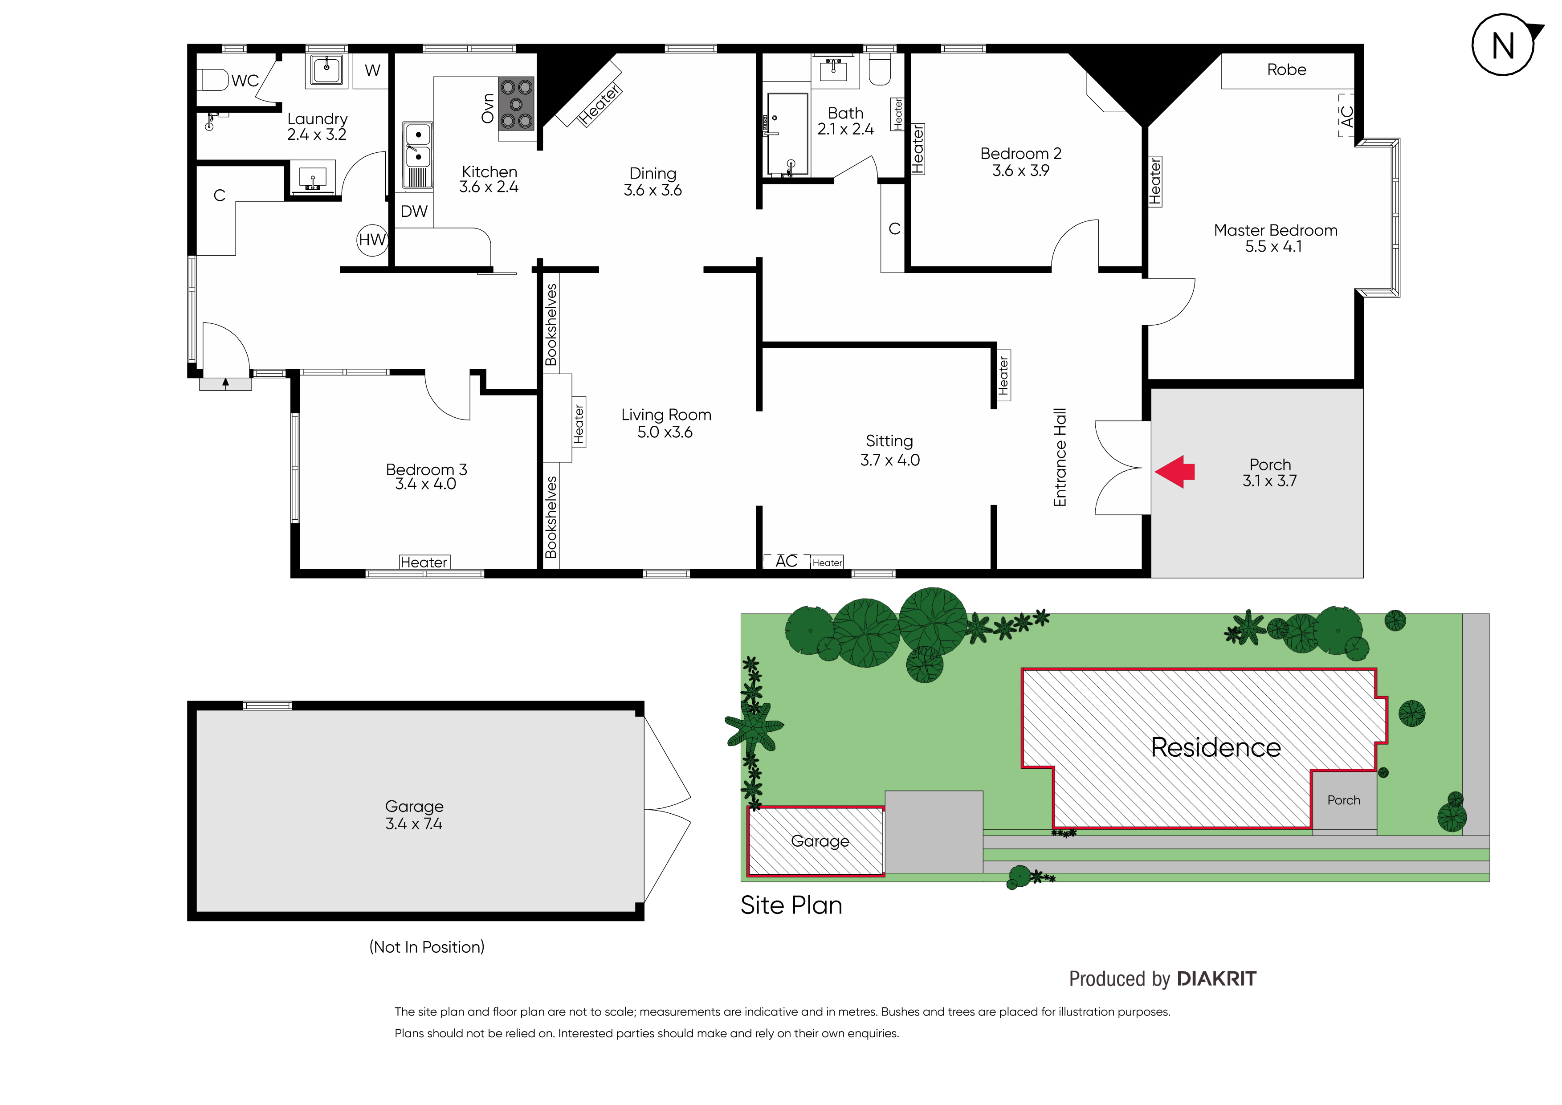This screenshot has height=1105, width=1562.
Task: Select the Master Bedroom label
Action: point(1276,231)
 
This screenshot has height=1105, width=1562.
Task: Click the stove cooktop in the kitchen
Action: point(516,104)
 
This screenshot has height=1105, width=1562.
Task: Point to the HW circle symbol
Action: point(372,240)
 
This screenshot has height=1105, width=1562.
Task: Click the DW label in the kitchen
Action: point(414,212)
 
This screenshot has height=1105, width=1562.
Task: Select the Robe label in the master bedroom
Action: point(1286,69)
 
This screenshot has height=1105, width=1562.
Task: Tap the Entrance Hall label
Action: point(1060,457)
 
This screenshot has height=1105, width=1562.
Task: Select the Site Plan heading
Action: point(791,905)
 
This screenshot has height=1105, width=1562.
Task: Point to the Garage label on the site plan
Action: point(820,842)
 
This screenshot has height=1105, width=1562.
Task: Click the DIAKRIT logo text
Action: point(1216,979)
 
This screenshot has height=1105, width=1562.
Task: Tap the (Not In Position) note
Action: point(427,947)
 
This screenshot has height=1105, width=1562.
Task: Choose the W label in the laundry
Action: point(372,70)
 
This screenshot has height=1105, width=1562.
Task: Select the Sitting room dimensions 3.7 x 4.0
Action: point(890,461)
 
